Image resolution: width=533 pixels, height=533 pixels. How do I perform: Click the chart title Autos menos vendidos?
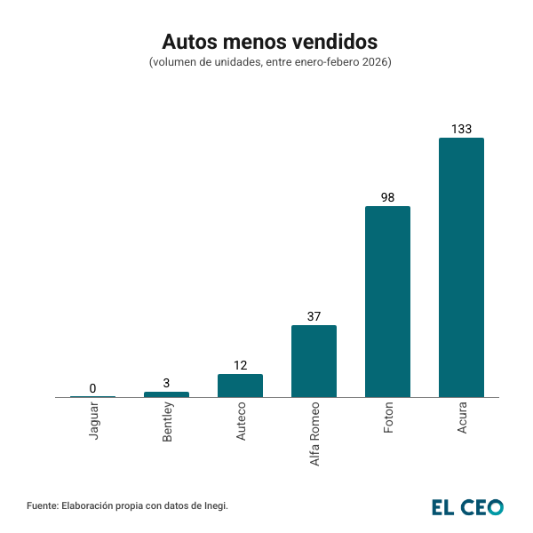tap(269, 42)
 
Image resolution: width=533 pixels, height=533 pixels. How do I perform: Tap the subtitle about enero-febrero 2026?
tap(270, 62)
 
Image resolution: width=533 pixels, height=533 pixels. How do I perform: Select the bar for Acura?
tap(461, 266)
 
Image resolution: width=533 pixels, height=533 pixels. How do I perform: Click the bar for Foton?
tap(387, 301)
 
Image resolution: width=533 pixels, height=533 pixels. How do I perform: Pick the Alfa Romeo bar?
tap(314, 361)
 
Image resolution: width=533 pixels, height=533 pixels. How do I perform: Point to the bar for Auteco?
tap(240, 386)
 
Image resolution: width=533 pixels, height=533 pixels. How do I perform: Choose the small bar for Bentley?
tap(166, 394)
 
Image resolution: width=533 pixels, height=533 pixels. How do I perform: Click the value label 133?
tap(461, 129)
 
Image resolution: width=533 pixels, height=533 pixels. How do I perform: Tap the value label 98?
tap(387, 197)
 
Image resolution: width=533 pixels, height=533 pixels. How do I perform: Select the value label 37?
tap(314, 316)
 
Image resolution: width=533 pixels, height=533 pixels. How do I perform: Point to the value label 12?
tap(240, 365)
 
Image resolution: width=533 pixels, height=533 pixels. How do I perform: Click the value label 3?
tap(166, 383)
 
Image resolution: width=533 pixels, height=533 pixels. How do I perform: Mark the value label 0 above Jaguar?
tap(92, 388)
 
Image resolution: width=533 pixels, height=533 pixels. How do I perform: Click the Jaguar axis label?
tap(93, 421)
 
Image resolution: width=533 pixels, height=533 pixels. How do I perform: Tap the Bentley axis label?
tap(167, 423)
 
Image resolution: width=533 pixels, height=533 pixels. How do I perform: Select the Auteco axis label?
tap(241, 422)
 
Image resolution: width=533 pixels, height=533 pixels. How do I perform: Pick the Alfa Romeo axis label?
tap(314, 434)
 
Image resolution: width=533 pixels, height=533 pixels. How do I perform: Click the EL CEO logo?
tap(467, 506)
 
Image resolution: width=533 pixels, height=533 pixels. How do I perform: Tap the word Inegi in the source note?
tap(214, 505)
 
